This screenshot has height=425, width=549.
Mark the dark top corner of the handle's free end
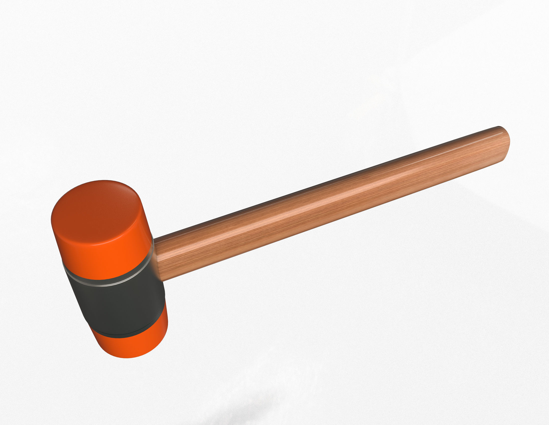(499, 127)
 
